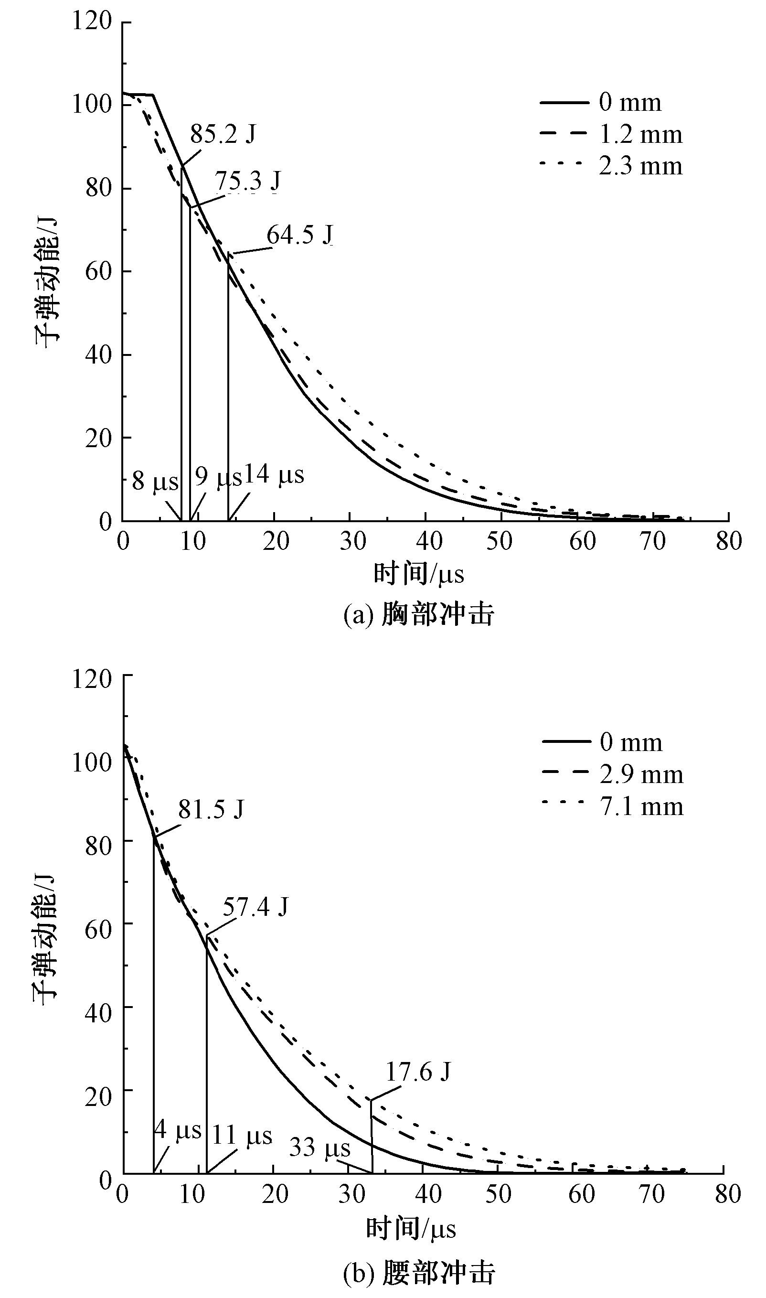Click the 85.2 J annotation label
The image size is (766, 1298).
[223, 135]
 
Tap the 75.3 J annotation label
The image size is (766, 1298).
[247, 181]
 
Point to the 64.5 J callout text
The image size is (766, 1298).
[299, 235]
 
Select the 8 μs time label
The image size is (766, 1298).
[154, 481]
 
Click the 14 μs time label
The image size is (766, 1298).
[274, 474]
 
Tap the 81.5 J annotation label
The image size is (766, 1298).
[211, 810]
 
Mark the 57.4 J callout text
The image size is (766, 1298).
[255, 907]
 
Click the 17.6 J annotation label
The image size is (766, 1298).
[418, 1072]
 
